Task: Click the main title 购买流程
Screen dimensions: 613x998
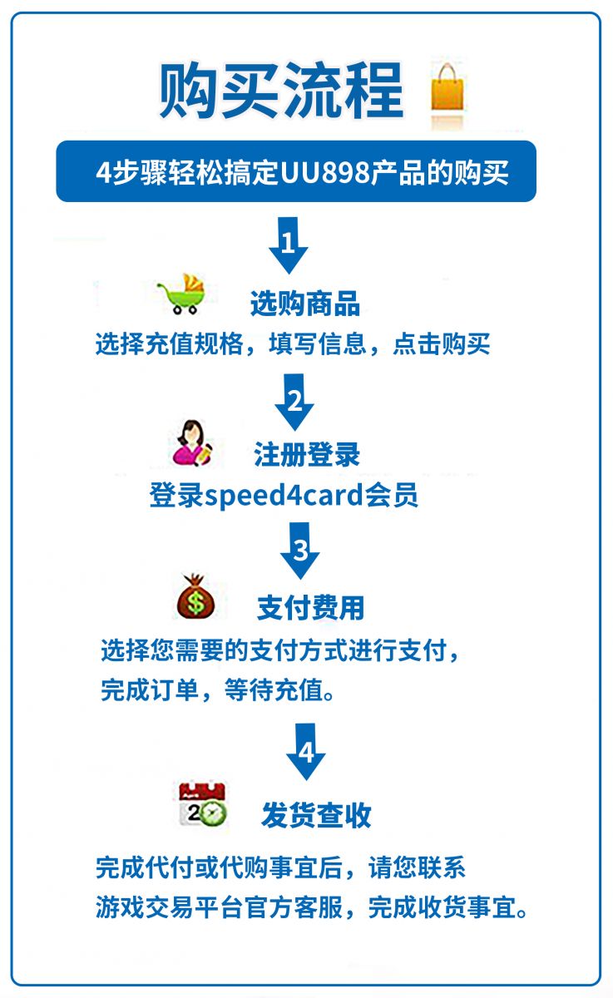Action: tap(281, 91)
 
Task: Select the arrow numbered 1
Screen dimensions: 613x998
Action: tap(289, 245)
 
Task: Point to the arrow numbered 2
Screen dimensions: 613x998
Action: tap(294, 402)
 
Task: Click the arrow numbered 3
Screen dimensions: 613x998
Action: tap(299, 551)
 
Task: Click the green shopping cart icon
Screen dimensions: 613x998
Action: tap(183, 294)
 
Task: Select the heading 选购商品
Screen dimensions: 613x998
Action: tap(305, 304)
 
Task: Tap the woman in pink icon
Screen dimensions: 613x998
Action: tap(192, 442)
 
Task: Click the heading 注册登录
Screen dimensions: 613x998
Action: tap(307, 454)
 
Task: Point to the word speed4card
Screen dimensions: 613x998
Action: tap(284, 495)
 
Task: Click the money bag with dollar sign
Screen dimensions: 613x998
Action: tap(195, 596)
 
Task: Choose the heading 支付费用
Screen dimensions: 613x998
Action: tap(310, 608)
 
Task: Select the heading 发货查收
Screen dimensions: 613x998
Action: tap(316, 815)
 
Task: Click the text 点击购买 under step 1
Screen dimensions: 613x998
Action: tap(442, 343)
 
